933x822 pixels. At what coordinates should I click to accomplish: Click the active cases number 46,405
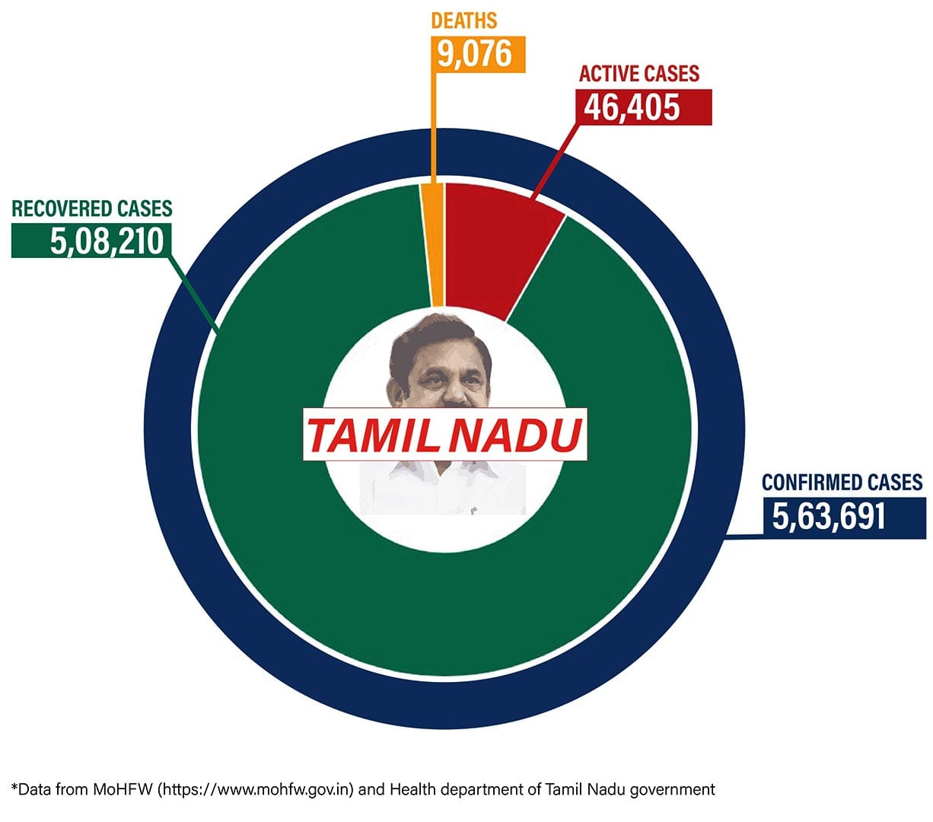(x=632, y=107)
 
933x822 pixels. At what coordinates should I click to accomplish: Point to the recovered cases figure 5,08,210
(x=107, y=241)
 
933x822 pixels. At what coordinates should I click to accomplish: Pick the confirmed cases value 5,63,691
(x=829, y=515)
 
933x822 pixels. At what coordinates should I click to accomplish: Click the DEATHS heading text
(x=463, y=20)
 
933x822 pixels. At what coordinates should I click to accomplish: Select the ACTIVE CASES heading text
(x=638, y=74)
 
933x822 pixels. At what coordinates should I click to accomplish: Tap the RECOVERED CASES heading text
(x=92, y=208)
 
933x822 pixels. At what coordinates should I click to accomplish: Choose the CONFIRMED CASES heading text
(x=842, y=483)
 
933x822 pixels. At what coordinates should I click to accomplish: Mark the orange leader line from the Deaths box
(x=435, y=137)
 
